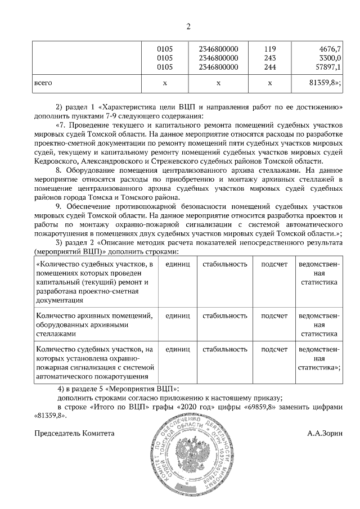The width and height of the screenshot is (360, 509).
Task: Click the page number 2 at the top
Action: [188, 26]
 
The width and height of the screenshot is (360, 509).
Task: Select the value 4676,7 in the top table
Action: [329, 49]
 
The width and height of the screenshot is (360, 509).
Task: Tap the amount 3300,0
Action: [330, 58]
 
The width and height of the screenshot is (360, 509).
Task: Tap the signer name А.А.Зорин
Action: [324, 434]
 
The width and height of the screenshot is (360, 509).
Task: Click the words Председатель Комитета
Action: [74, 434]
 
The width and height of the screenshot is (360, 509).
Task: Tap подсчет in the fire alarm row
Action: [274, 349]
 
